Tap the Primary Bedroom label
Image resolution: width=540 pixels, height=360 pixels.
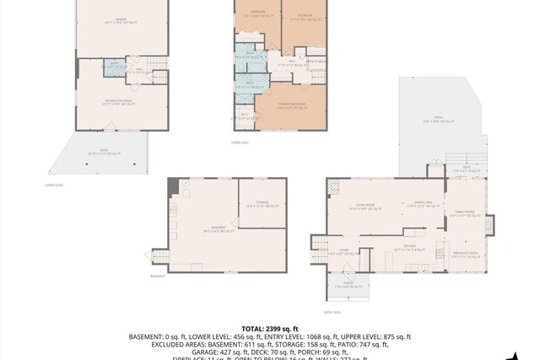tap(291, 105)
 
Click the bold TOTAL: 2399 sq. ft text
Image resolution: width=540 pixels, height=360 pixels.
tap(269, 328)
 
